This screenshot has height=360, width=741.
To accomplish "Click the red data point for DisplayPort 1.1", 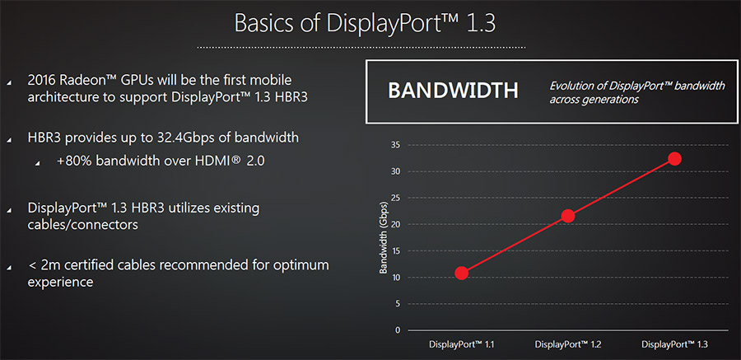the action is coord(462,273).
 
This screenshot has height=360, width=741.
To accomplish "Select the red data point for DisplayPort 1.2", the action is coord(568,216).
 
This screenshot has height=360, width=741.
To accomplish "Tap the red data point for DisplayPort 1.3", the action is coord(674,159).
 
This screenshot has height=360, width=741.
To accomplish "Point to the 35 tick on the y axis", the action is coord(395,145).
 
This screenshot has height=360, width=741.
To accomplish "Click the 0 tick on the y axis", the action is coord(398,330).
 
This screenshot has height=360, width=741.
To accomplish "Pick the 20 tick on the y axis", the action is coord(395,224).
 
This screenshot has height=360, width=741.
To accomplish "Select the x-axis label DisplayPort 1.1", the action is coord(462,344).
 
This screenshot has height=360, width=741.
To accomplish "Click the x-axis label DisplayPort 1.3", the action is coord(674,344).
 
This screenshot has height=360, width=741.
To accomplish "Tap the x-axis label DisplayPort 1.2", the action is coord(568,344).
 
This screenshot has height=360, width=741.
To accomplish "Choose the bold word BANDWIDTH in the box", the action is coord(453,91).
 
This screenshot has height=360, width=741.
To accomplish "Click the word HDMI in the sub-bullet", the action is coord(211,161).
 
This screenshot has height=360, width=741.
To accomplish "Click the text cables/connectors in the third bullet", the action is coord(83,224).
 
